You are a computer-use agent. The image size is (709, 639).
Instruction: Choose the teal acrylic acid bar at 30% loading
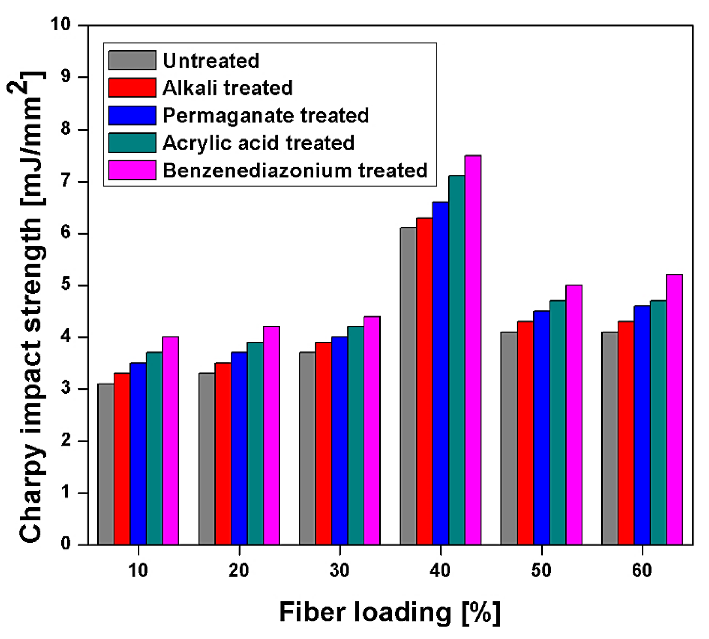[x=356, y=435]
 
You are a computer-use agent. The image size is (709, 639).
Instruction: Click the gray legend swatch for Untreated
[x=132, y=60]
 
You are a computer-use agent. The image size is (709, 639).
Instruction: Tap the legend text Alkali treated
[x=227, y=88]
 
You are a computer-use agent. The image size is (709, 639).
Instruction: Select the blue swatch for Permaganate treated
[x=132, y=115]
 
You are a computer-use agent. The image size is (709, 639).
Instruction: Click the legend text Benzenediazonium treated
[x=295, y=170]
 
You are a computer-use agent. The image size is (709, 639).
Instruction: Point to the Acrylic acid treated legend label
[x=258, y=143]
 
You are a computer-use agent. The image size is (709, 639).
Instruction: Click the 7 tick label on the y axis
[x=66, y=182]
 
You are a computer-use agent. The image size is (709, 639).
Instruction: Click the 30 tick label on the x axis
[x=340, y=571]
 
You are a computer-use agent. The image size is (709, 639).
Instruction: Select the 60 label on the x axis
[x=642, y=571]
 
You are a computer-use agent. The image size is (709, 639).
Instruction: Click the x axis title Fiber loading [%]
[x=390, y=613]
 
